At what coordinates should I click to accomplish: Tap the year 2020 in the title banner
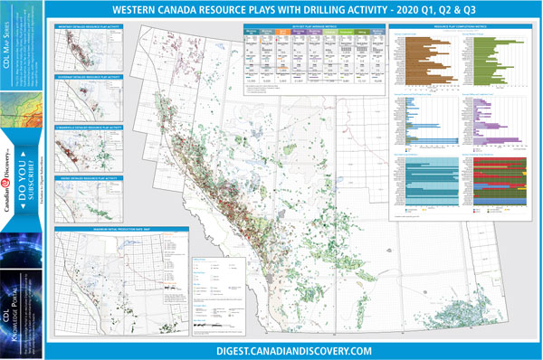[405, 10]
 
